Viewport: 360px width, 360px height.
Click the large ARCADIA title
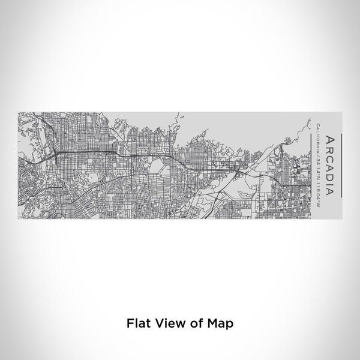click(329, 164)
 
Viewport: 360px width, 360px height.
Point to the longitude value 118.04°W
click(317, 186)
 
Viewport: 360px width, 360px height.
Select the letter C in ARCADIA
click(329, 156)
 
